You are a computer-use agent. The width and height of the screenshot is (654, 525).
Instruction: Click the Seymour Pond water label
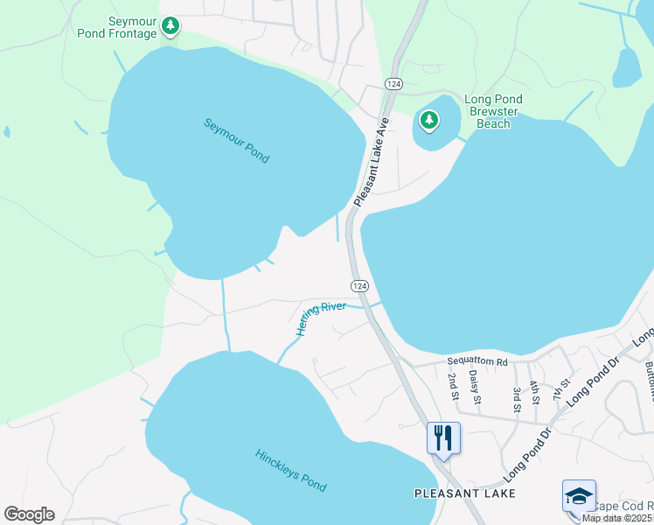coord(237,141)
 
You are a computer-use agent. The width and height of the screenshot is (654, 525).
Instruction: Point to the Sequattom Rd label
coord(477,361)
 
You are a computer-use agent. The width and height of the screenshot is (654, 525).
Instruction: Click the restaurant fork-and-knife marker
coord(443,437)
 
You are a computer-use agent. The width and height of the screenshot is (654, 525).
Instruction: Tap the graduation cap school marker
coord(579,496)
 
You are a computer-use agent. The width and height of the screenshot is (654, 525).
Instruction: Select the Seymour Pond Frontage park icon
coord(171,26)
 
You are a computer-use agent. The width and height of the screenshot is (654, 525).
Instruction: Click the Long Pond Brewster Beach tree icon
coord(428,120)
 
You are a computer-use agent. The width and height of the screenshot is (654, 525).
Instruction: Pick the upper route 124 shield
coord(393,83)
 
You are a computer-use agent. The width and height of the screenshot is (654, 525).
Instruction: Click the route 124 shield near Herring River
coord(359,286)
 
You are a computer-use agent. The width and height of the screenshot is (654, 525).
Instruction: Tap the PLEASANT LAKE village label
coord(464,493)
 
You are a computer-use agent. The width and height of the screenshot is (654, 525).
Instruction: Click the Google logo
coord(29,514)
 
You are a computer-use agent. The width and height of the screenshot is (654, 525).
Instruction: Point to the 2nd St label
coord(453,386)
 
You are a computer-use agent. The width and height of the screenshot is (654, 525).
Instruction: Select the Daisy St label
coord(475,386)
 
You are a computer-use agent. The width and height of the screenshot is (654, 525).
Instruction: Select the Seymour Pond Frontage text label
coord(133,27)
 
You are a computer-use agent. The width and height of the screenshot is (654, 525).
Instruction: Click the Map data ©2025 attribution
coord(617,518)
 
